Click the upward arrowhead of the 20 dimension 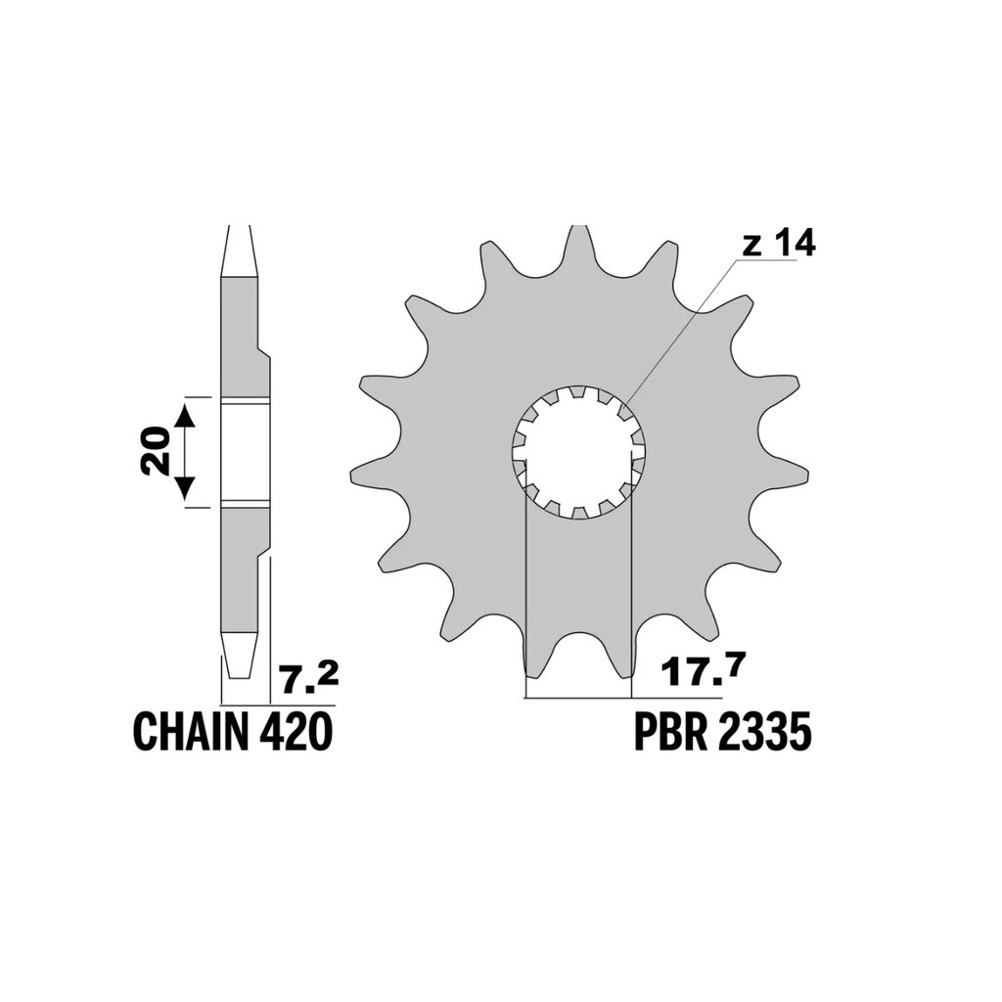[184, 415]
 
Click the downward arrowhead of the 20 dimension [184, 488]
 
